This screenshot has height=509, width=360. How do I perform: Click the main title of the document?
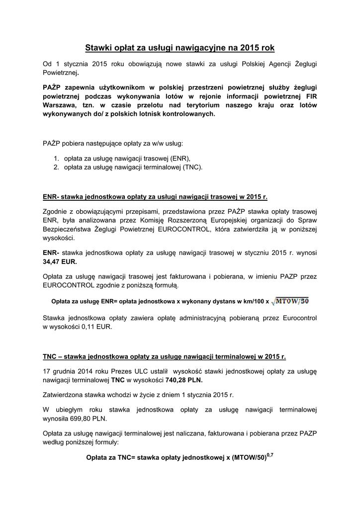pos(180,48)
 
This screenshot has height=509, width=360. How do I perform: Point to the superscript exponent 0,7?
pos(270,454)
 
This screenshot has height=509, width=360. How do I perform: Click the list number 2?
pos(57,167)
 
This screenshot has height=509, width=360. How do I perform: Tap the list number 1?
pos(57,159)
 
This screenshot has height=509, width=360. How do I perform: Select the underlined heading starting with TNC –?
pos(164,356)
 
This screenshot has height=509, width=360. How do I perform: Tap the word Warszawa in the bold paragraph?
pos(60,105)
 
